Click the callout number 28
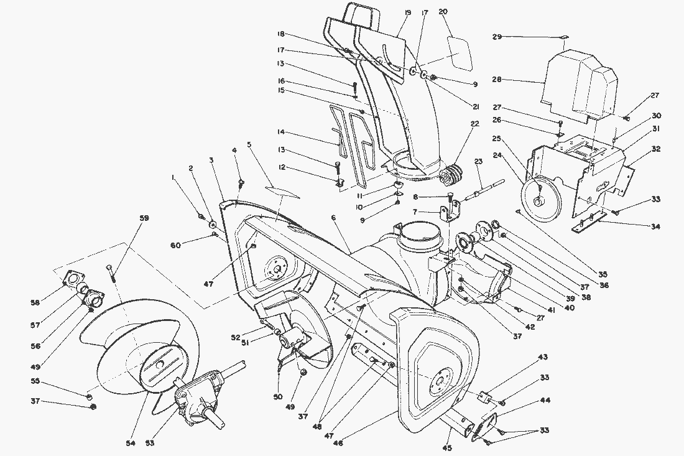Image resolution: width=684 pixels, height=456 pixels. click(x=496, y=80)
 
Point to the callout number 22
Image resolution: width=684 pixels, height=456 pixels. click(x=476, y=123)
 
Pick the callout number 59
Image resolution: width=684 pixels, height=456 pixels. click(x=144, y=218)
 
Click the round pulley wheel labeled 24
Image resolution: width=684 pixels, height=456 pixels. click(x=540, y=199)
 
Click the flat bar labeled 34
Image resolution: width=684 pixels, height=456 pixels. click(x=594, y=220)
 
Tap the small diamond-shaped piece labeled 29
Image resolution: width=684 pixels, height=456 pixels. click(x=563, y=37)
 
